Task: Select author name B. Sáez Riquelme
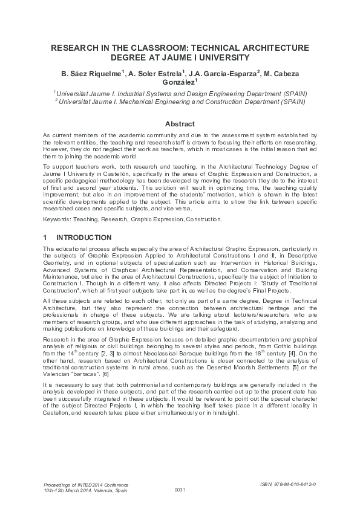point(91,74)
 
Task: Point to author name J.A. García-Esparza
point(224,74)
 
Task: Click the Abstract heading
point(180,124)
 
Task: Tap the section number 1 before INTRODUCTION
point(46,238)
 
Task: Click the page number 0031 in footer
point(180,489)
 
